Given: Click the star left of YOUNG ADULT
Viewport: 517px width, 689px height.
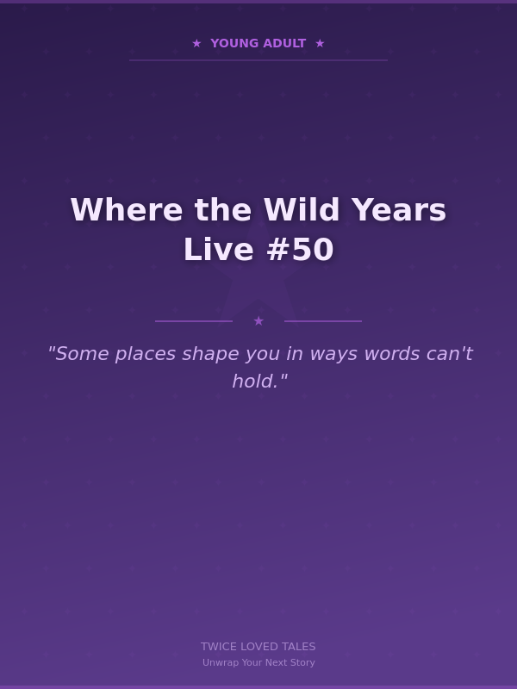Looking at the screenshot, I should click(x=196, y=43).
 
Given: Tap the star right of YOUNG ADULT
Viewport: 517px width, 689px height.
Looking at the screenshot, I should click(x=320, y=43).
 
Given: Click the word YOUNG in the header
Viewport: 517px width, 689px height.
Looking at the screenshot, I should click(x=234, y=43).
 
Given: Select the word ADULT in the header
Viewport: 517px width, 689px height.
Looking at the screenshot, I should click(x=283, y=43).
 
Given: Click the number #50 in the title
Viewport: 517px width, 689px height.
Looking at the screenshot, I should click(x=300, y=250).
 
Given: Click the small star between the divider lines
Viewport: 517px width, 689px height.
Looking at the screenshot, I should click(x=258, y=321).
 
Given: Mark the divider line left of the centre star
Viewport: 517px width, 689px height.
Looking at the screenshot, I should click(x=194, y=321).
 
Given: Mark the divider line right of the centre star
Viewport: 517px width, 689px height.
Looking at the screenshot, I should click(x=323, y=321).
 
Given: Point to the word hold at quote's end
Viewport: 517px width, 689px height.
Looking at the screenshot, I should click(x=255, y=381).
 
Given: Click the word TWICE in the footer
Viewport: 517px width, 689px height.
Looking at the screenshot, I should click(x=219, y=647).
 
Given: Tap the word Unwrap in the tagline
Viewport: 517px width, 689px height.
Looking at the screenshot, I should click(x=219, y=663).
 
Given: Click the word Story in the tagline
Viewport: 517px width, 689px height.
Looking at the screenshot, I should click(x=302, y=663).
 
